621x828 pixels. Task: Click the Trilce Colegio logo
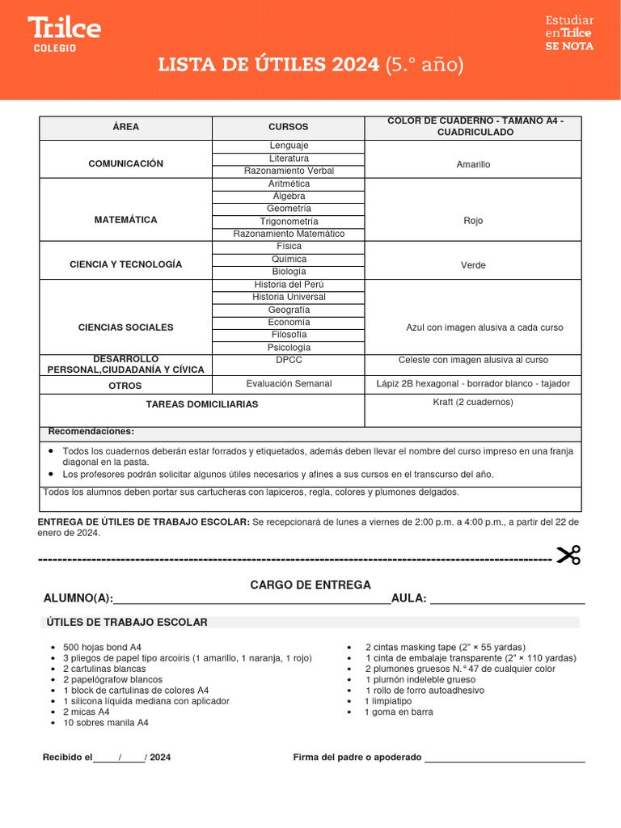point(64,34)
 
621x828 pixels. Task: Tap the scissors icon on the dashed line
point(568,556)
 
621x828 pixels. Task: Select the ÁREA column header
point(125,128)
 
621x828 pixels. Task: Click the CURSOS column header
point(288,128)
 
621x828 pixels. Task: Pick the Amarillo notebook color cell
point(473,164)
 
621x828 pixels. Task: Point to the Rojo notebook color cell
point(473,220)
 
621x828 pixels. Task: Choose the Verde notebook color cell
point(473,264)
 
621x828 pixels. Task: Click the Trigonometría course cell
point(289,222)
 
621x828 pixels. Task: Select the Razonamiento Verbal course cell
point(289,171)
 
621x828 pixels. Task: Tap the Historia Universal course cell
point(289,297)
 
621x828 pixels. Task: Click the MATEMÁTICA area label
point(125,220)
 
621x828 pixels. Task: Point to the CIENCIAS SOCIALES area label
point(125,327)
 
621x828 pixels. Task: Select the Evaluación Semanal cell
point(289,384)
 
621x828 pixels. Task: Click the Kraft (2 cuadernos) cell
point(473,403)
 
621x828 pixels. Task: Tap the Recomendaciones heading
point(91,432)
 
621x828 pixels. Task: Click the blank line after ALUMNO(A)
point(251,600)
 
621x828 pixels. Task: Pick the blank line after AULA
point(507,600)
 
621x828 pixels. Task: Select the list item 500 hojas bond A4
point(102,648)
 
